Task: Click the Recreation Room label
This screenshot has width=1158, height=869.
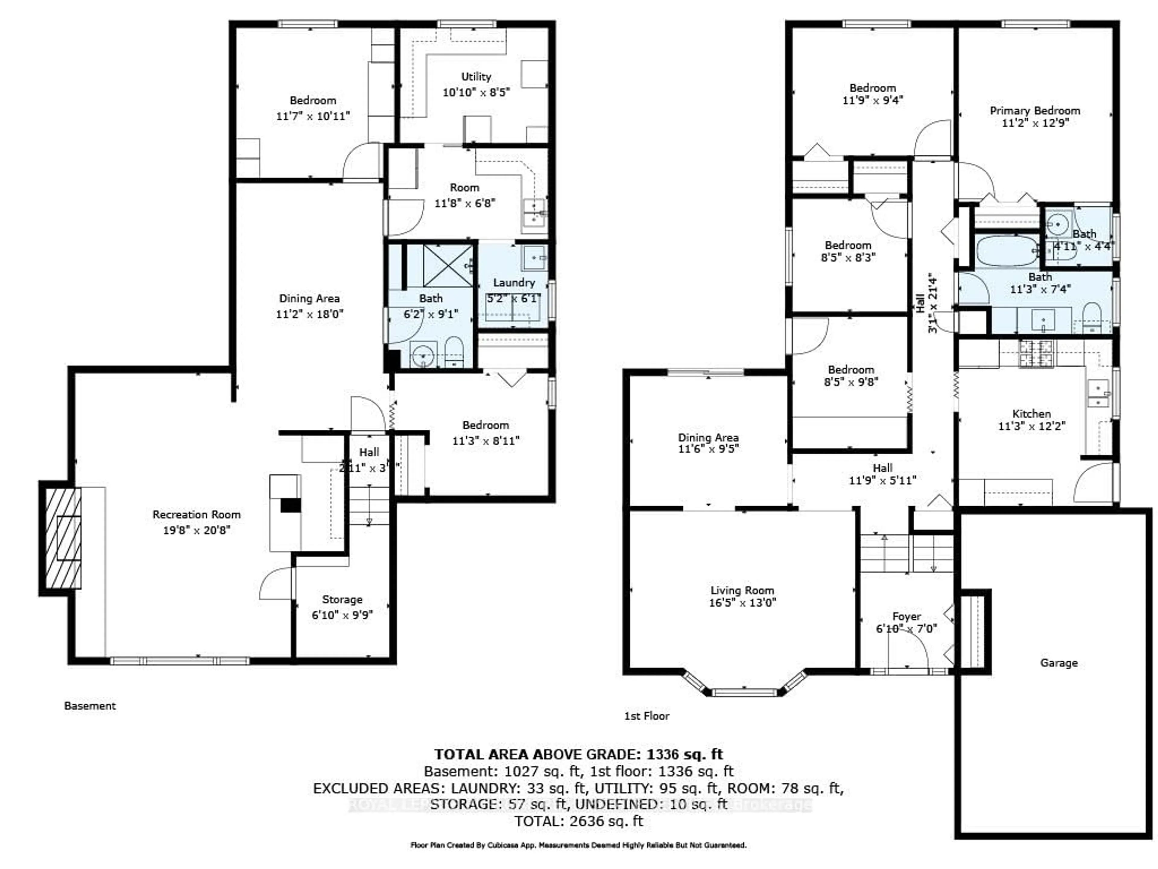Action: [x=196, y=514]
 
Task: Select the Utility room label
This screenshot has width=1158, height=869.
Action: [x=476, y=76]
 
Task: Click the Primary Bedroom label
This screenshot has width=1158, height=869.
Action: [x=1034, y=110]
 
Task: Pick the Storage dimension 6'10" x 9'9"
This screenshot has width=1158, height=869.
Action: [x=342, y=615]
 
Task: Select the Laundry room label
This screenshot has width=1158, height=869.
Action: [x=514, y=282]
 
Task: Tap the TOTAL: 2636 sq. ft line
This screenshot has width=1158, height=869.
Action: [x=578, y=821]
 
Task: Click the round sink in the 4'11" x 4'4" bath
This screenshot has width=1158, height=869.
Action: [x=1058, y=225]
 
